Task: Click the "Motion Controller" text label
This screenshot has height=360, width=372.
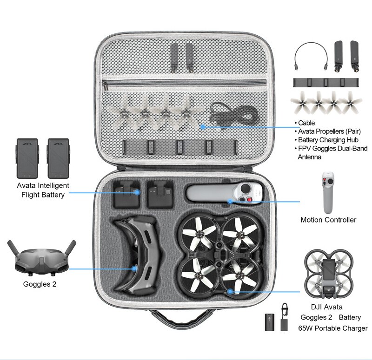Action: click(328, 220)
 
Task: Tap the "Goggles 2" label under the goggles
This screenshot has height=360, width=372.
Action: click(40, 284)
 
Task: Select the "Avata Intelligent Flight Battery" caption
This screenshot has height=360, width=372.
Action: click(43, 190)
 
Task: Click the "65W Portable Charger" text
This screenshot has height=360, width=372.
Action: click(333, 328)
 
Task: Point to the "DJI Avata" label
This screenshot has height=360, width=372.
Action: click(326, 307)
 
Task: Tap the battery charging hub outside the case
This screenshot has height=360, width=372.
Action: click(326, 83)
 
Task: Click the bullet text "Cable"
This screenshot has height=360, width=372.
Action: click(306, 123)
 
